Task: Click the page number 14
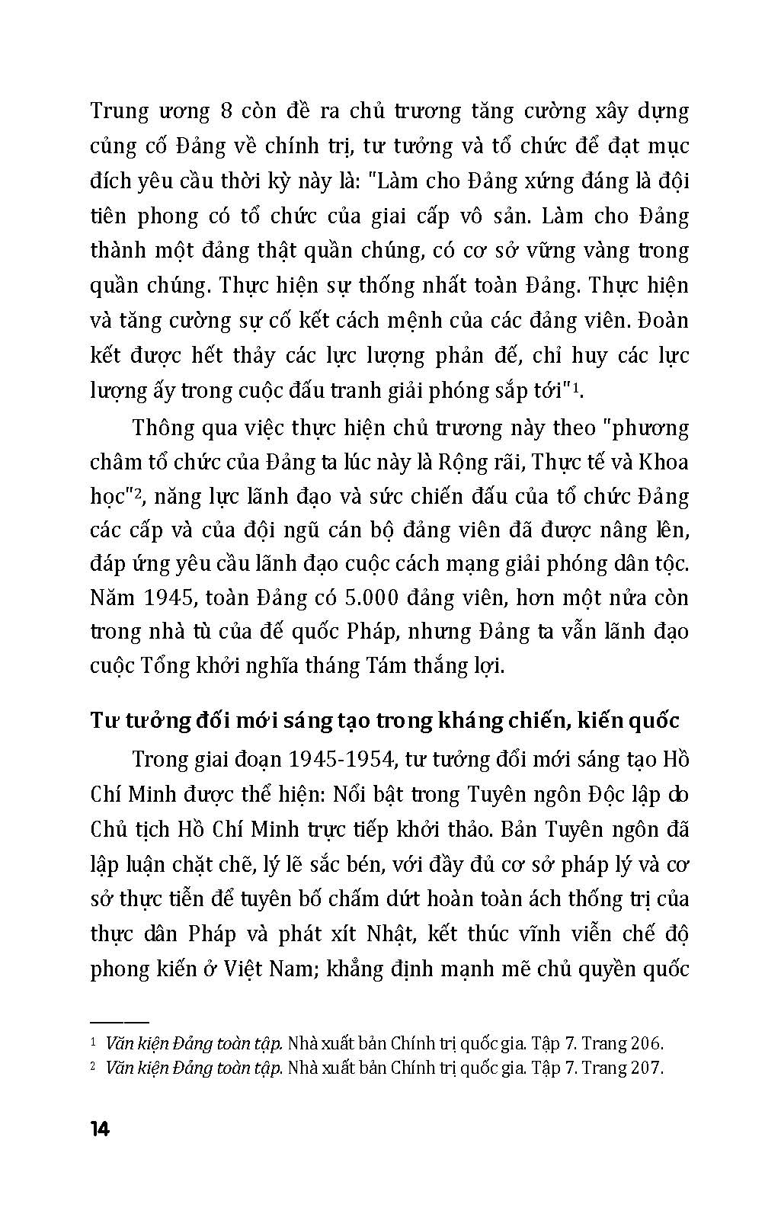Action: pyautogui.click(x=100, y=1129)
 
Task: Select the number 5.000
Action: pyautogui.click(x=372, y=597)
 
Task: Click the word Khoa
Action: pyautogui.click(x=662, y=462)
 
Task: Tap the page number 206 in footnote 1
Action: pyautogui.click(x=646, y=1043)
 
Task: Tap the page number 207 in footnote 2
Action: pyautogui.click(x=646, y=1067)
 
